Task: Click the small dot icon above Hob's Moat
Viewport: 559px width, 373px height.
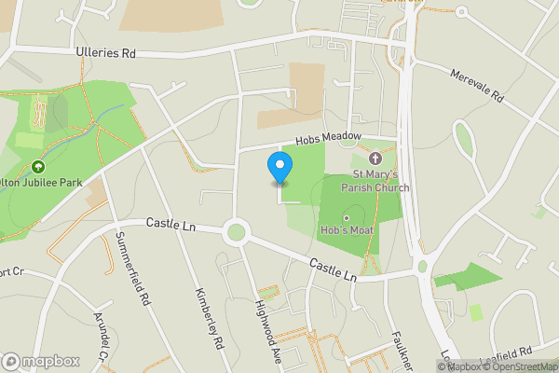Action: click(347, 218)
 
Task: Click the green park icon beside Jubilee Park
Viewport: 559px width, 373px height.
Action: click(39, 167)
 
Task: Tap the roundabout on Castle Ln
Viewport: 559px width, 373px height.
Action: click(236, 231)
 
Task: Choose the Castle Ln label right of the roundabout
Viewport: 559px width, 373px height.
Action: click(333, 269)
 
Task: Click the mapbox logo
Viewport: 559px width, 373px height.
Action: click(41, 361)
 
